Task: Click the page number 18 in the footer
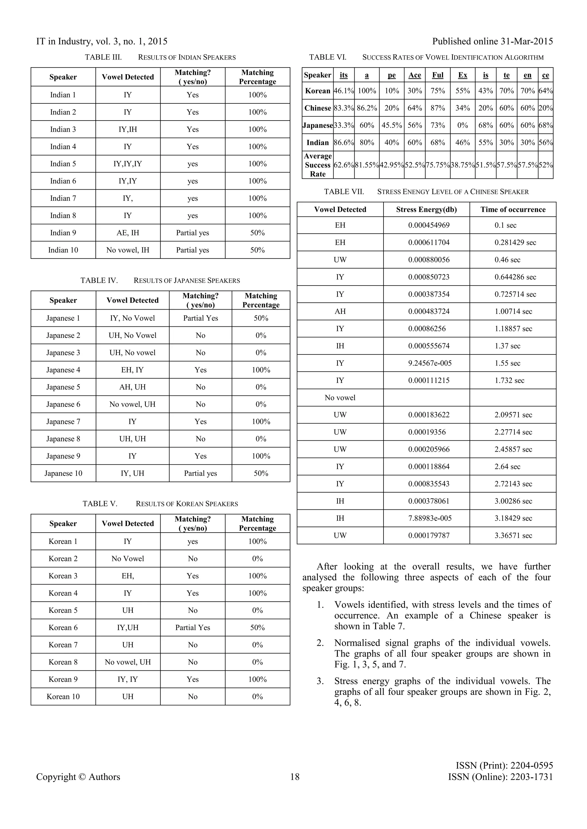[x=295, y=777]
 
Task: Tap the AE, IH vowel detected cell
[x=128, y=233]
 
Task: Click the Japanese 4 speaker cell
[x=63, y=370]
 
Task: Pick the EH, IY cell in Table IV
[x=132, y=370]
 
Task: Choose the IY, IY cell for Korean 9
[x=128, y=679]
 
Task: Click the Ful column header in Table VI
[x=437, y=75]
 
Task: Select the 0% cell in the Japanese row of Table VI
[x=462, y=125]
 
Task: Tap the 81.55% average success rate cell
[x=367, y=165]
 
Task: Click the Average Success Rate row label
[x=317, y=165]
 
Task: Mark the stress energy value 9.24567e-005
[x=430, y=363]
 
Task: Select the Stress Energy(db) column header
[x=426, y=209]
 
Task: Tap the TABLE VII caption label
[x=344, y=192]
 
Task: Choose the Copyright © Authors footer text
[x=78, y=777]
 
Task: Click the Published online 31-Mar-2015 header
[x=492, y=42]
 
